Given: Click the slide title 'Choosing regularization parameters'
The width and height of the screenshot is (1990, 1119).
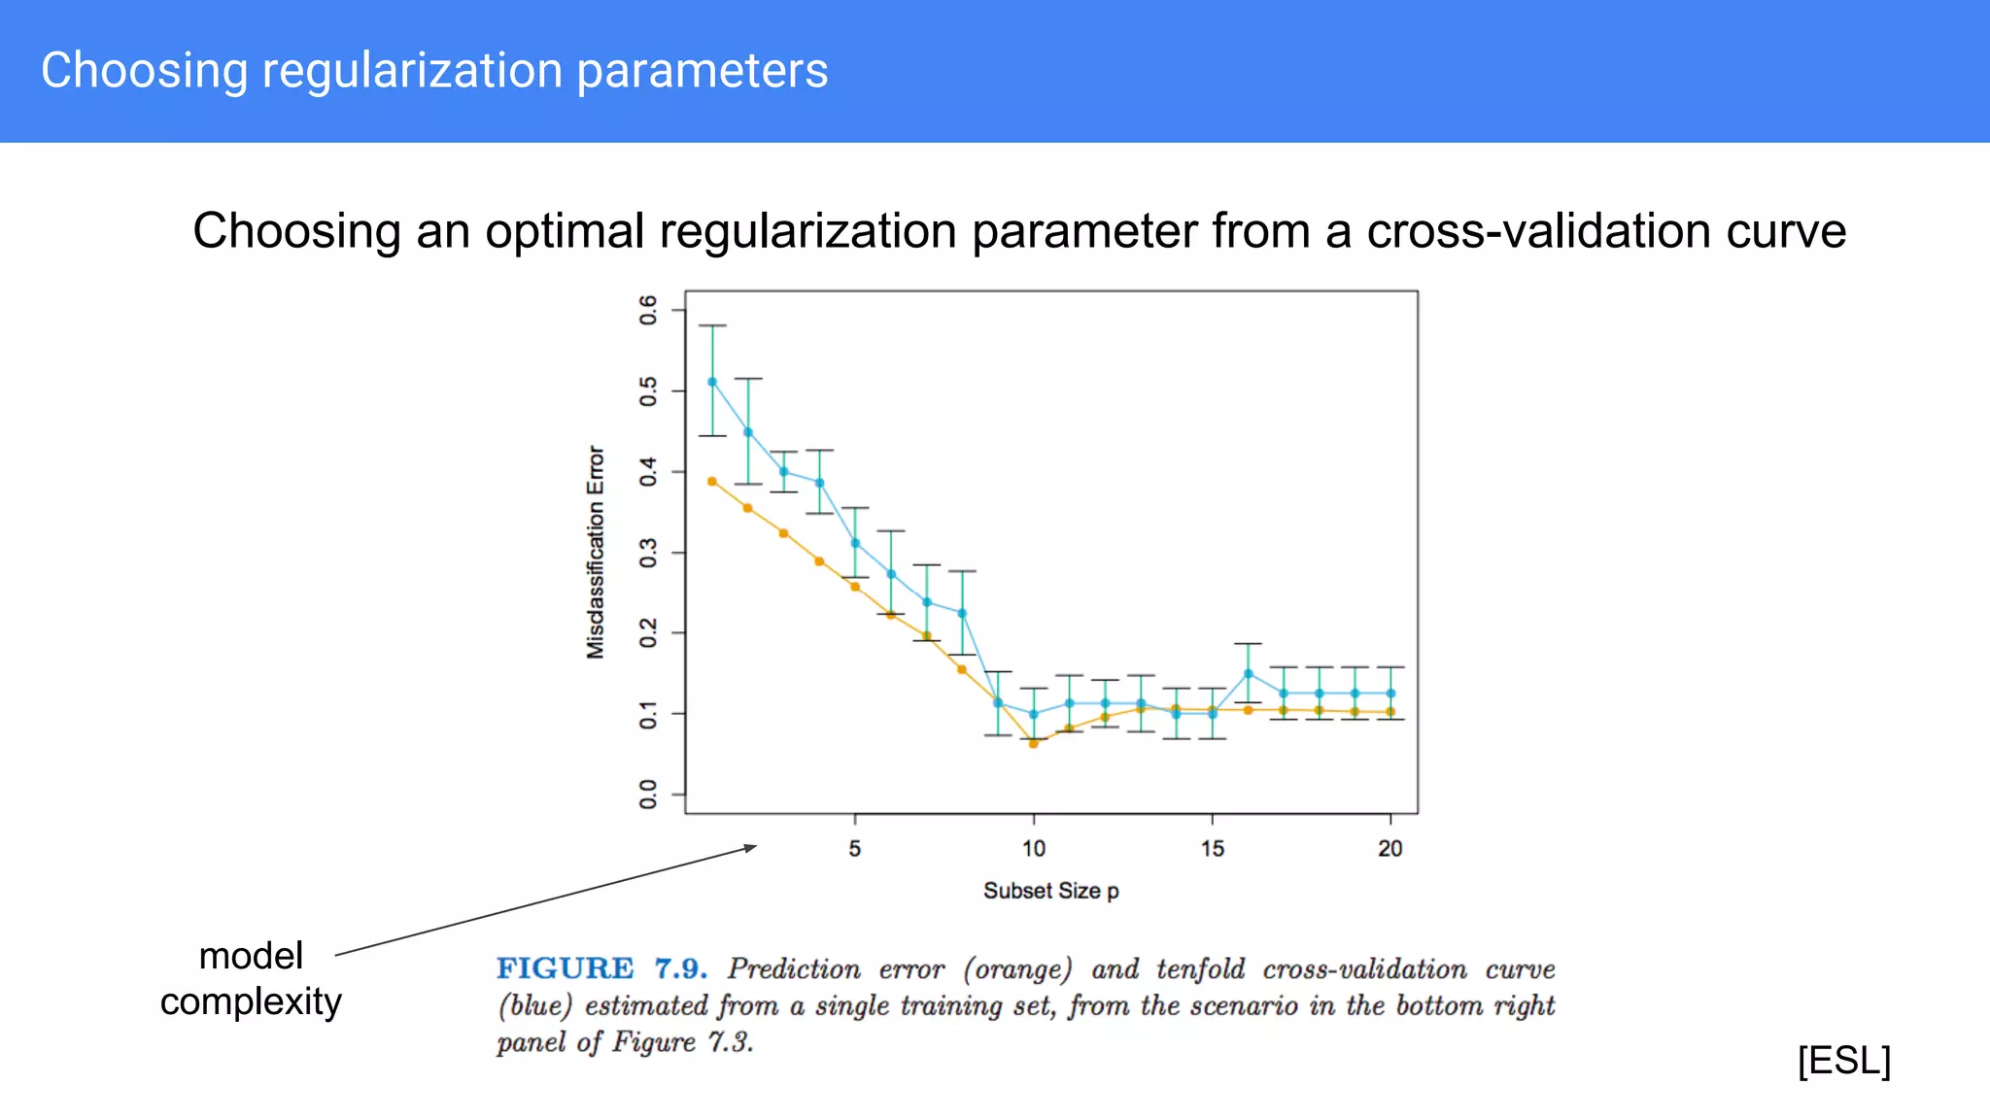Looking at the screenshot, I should pyautogui.click(x=434, y=71).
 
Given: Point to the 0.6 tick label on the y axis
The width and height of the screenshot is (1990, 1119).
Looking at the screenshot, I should pyautogui.click(x=648, y=310).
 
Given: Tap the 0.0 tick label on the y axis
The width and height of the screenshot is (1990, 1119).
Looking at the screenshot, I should pyautogui.click(x=648, y=795).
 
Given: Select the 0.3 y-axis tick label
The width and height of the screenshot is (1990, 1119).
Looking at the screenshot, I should pyautogui.click(x=648, y=553).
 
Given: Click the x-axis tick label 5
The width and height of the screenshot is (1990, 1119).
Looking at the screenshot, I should pyautogui.click(x=854, y=849).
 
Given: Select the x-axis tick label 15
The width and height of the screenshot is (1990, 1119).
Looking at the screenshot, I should pyautogui.click(x=1212, y=849).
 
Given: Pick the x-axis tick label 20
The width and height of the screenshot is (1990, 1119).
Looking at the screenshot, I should pyautogui.click(x=1390, y=849).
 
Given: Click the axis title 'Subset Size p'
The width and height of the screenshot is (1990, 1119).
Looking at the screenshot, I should pyautogui.click(x=1050, y=891).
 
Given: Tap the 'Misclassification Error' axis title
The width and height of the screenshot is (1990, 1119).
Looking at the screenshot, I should pyautogui.click(x=596, y=553).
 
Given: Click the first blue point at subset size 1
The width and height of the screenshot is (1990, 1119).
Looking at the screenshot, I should pyautogui.click(x=712, y=382).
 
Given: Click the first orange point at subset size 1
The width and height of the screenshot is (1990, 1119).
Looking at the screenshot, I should pyautogui.click(x=712, y=481).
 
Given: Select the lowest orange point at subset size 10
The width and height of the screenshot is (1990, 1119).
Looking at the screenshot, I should pyautogui.click(x=1033, y=744).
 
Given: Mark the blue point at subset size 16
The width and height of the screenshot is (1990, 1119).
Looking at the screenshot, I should pyautogui.click(x=1248, y=673).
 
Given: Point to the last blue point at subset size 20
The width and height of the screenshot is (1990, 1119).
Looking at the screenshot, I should pyautogui.click(x=1390, y=694).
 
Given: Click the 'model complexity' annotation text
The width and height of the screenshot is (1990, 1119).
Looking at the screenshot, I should pyautogui.click(x=251, y=978).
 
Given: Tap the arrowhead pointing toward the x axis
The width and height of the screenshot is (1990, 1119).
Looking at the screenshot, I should pyautogui.click(x=751, y=847).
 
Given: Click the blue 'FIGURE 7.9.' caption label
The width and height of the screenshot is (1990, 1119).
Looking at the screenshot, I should pyautogui.click(x=600, y=969).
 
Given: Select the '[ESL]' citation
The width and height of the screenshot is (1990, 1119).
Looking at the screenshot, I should pyautogui.click(x=1843, y=1060).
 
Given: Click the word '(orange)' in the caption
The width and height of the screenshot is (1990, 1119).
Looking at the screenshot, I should pyautogui.click(x=1017, y=969).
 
